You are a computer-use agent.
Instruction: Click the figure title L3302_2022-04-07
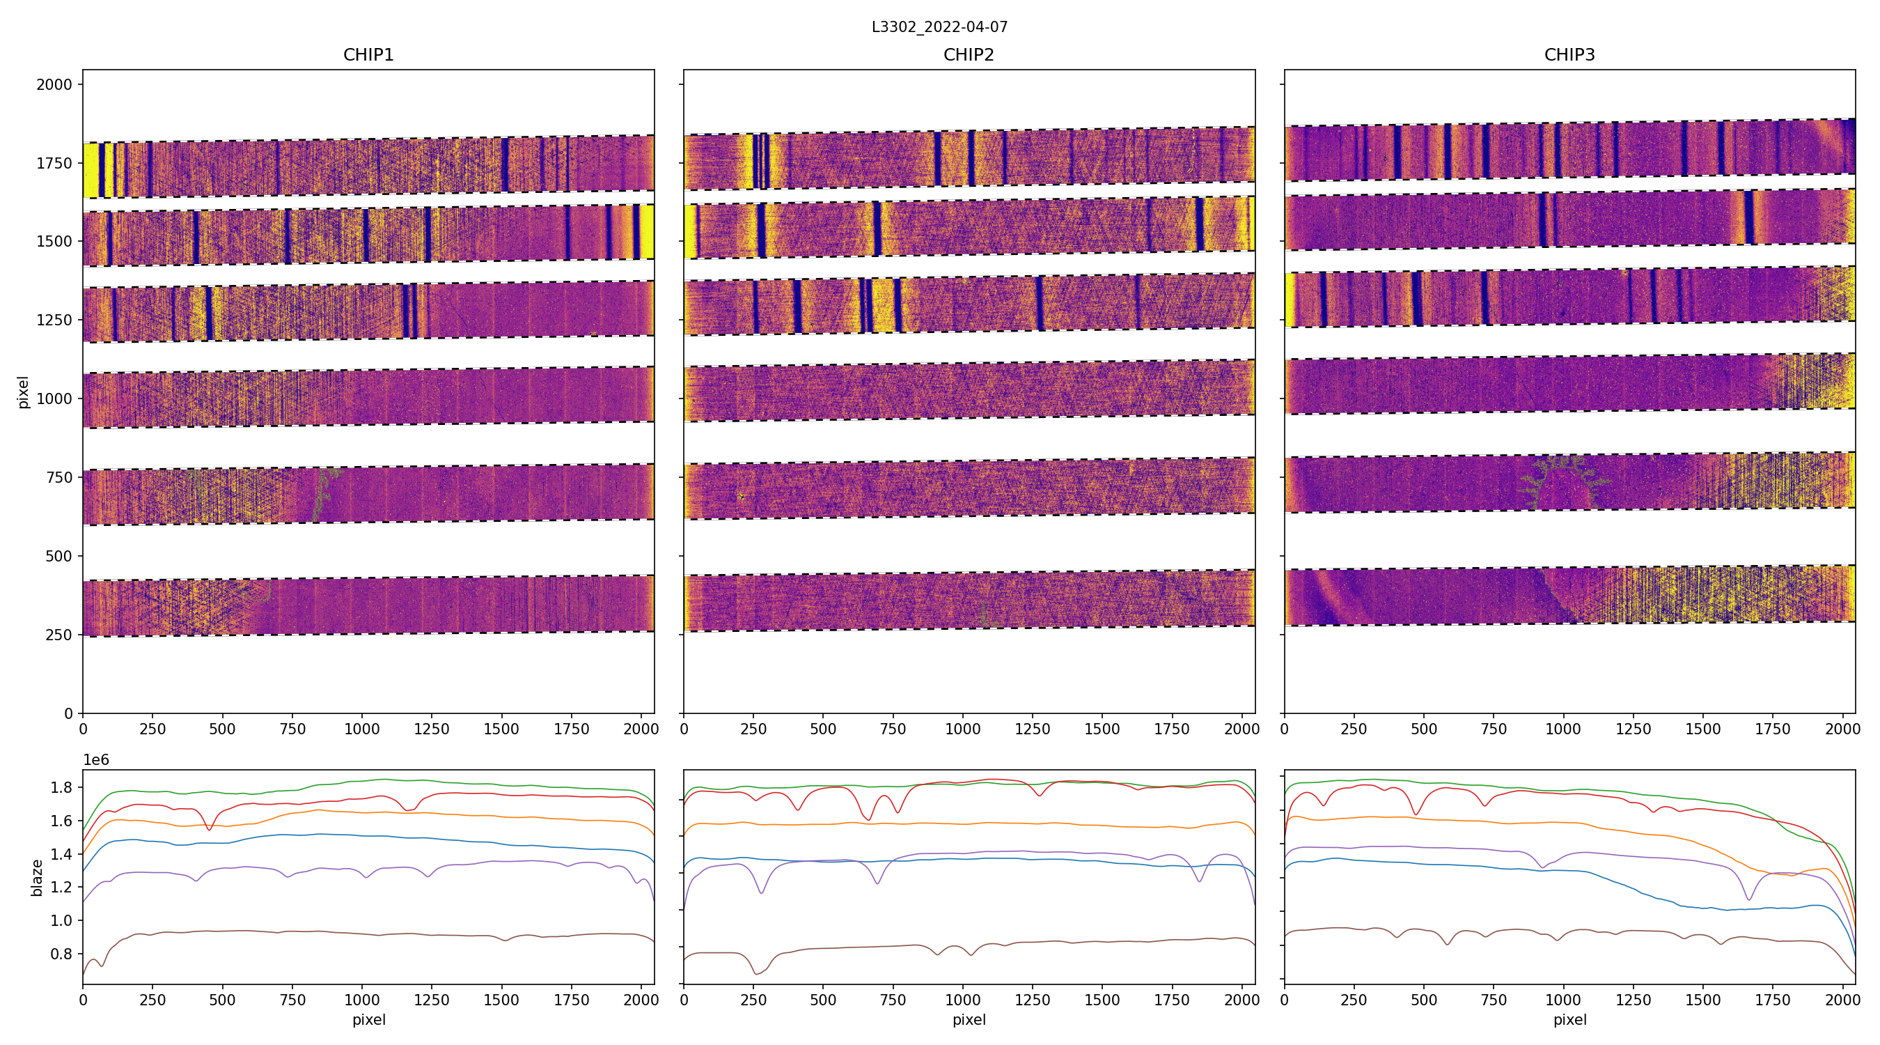(x=939, y=27)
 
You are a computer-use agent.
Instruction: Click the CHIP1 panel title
(x=368, y=55)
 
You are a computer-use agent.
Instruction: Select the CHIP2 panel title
(x=969, y=55)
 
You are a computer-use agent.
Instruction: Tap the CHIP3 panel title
(x=1569, y=55)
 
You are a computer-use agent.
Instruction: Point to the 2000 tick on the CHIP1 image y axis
(x=55, y=85)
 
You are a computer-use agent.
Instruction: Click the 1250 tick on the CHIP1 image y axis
(x=55, y=320)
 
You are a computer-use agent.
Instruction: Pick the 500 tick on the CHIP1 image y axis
(x=58, y=557)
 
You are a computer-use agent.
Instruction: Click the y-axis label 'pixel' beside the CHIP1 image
(x=24, y=392)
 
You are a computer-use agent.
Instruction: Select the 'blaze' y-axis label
(x=36, y=877)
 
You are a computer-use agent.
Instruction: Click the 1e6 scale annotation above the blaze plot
(x=96, y=760)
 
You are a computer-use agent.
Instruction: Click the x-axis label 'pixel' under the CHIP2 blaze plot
(x=969, y=1019)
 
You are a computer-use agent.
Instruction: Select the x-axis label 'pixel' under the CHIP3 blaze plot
(x=1569, y=1019)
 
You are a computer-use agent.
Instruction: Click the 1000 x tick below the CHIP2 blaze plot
(x=962, y=1000)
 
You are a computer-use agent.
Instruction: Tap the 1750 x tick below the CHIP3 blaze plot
(x=1772, y=1000)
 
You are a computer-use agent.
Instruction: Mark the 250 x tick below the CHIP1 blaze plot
(x=152, y=1000)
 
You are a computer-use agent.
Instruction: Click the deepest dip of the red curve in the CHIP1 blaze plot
(x=210, y=830)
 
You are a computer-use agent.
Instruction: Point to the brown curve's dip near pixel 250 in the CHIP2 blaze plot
(x=756, y=973)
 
